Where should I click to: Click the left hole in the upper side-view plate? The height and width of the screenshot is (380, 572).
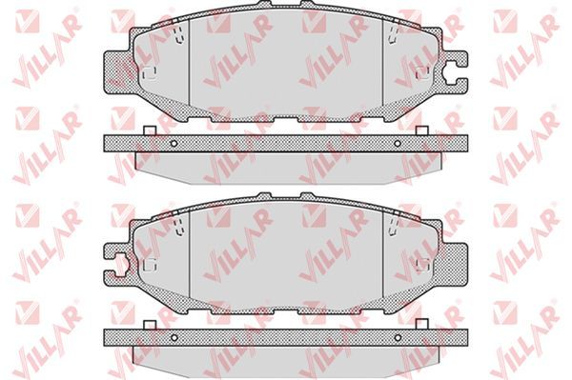point(174,144)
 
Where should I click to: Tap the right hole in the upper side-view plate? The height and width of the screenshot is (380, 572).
point(398,144)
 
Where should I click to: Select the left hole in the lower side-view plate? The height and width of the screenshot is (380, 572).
point(174,338)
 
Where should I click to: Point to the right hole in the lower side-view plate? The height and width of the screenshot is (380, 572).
point(398,338)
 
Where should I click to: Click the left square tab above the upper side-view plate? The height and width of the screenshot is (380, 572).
point(150,130)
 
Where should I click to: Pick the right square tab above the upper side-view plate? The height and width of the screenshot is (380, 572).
point(421,130)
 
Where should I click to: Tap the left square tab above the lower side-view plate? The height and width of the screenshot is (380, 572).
point(150,325)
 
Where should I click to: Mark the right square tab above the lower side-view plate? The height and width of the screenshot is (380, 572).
point(421,324)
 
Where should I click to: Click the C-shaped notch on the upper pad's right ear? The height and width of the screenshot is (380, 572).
point(452,71)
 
